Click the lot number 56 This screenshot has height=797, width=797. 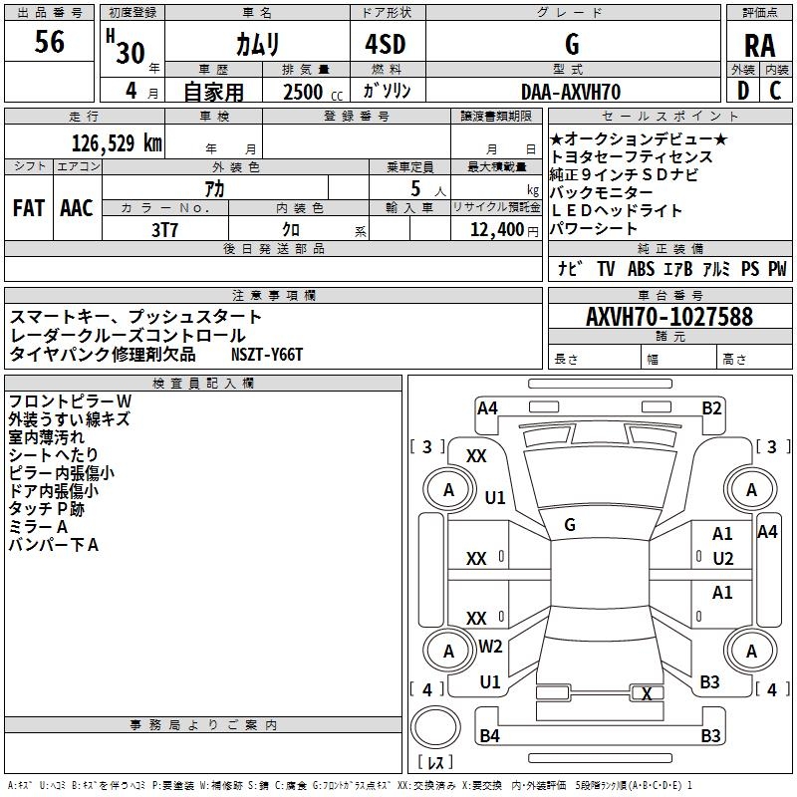[50, 43]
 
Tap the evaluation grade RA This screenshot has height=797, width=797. [759, 46]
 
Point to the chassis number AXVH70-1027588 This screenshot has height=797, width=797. [669, 317]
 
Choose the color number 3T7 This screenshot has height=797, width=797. [164, 229]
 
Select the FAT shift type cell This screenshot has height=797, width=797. [29, 208]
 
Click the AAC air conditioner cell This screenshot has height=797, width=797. [77, 208]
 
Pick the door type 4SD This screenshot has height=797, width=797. [377, 45]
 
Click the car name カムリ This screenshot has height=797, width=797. [257, 45]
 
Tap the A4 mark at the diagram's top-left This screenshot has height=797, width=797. [487, 407]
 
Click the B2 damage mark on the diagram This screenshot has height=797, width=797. [711, 407]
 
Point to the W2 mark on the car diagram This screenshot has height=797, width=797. [490, 646]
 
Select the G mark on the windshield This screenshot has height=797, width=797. [570, 524]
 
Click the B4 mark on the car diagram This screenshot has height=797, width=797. [489, 736]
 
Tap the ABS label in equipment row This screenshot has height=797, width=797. [641, 269]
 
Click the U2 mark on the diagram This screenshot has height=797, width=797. [722, 558]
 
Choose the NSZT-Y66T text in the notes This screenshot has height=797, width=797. [267, 355]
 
